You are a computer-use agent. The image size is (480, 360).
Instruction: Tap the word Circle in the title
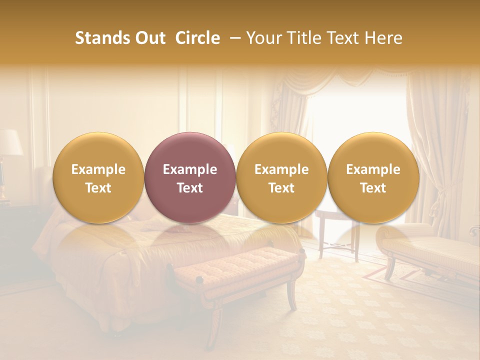click(x=197, y=38)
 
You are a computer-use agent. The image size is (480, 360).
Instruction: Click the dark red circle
click(x=190, y=177)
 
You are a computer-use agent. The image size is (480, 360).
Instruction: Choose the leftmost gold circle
click(x=98, y=177)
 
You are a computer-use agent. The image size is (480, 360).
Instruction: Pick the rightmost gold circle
click(x=373, y=177)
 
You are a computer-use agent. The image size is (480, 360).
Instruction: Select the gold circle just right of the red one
click(x=281, y=177)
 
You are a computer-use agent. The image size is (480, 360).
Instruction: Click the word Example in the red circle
click(x=190, y=169)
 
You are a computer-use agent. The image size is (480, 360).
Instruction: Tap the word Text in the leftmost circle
click(x=98, y=188)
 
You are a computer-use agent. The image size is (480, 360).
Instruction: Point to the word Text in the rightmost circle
click(x=373, y=188)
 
